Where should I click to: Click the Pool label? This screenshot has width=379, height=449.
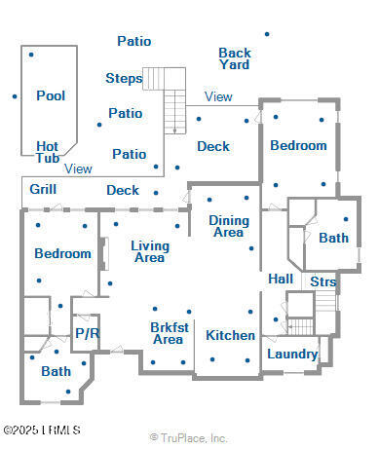51,95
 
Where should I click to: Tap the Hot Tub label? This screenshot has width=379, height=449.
48,152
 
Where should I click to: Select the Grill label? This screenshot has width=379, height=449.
42,189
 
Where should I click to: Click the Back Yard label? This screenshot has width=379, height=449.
234,58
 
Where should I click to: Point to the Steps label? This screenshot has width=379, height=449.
124,78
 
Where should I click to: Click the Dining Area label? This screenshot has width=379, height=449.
228,226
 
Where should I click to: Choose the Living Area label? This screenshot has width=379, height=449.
149,251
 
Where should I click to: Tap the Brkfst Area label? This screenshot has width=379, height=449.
168,333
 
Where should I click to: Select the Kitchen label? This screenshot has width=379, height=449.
230,335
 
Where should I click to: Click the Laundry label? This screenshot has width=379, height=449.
291,354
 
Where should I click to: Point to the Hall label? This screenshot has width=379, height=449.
281,279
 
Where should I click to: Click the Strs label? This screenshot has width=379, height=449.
323,281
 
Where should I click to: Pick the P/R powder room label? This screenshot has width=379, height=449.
87,333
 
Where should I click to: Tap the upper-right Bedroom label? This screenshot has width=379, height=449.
298,145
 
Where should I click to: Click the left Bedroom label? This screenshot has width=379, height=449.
62,253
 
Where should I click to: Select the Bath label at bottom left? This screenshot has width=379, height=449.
56,370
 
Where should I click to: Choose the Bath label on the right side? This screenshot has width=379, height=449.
333,237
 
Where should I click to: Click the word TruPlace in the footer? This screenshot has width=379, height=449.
182,437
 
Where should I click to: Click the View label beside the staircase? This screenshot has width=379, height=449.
218,96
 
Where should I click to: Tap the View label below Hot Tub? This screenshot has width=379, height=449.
78,168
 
